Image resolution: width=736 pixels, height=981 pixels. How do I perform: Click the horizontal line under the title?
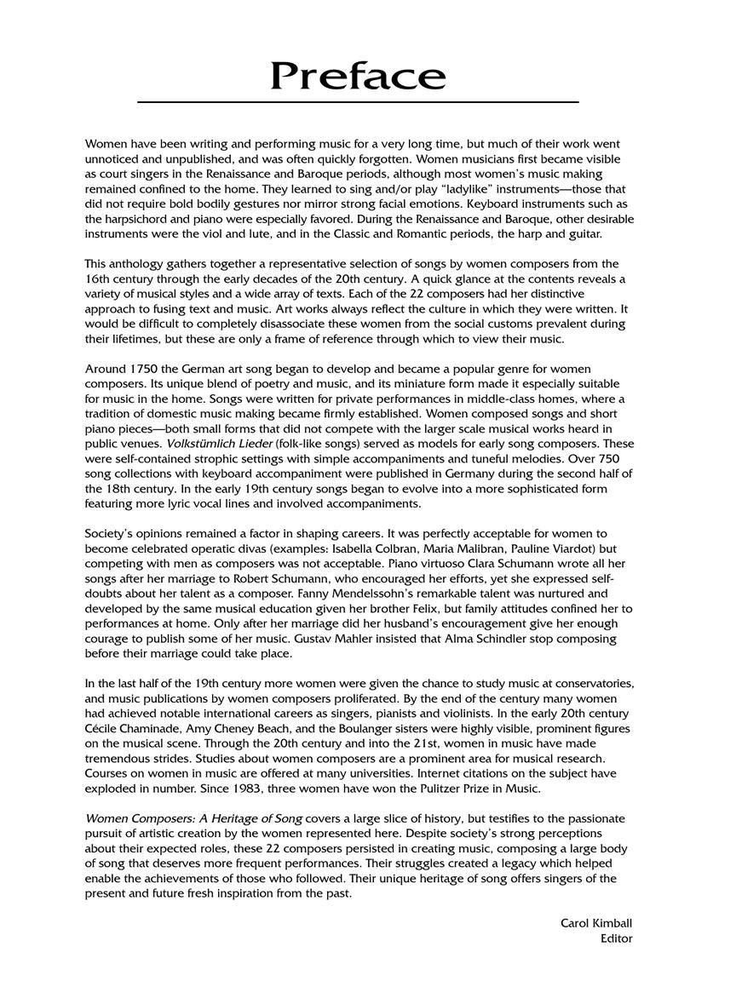358,102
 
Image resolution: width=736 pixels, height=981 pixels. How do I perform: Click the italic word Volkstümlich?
199,444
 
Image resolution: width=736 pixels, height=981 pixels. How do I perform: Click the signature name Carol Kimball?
596,923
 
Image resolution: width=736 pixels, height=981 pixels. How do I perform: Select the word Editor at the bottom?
616,938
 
